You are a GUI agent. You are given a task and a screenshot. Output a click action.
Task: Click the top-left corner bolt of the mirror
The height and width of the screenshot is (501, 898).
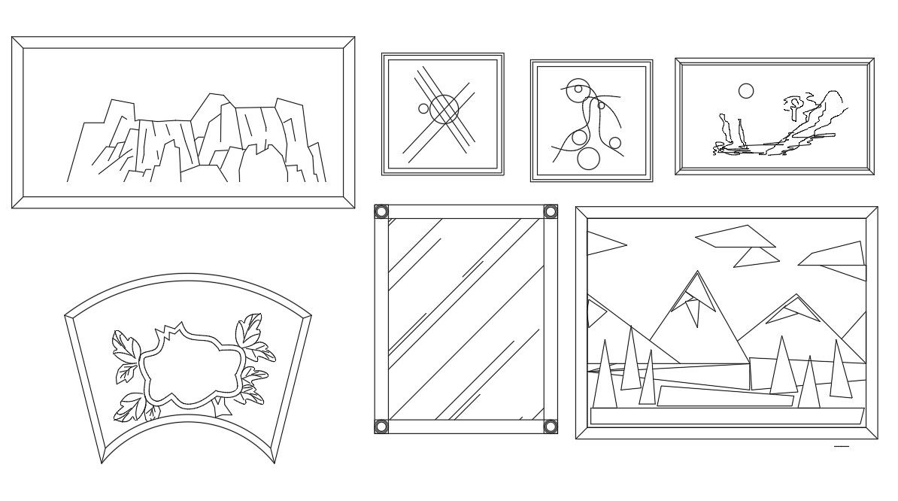[x=381, y=211]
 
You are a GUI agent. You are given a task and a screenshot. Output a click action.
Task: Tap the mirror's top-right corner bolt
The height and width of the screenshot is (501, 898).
[x=551, y=211]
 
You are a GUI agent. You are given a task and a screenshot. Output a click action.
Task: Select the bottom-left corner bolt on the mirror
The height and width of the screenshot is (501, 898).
[x=381, y=427]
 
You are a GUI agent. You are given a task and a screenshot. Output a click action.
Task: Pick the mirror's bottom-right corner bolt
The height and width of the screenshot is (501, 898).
[x=551, y=427]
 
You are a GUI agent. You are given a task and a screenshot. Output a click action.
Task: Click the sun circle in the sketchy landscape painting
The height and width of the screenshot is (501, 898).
[x=745, y=91]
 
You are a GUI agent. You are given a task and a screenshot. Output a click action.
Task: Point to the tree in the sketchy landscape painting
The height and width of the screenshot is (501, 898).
[x=794, y=105]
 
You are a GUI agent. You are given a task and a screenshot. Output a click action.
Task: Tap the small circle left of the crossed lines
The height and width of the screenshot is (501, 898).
[x=423, y=108]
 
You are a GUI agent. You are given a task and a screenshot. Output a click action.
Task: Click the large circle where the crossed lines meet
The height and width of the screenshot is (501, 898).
[x=444, y=108]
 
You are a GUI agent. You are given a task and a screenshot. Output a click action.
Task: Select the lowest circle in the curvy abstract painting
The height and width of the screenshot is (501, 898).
[x=588, y=158]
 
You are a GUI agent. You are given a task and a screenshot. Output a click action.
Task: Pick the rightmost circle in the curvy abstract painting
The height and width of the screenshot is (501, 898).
[x=615, y=143]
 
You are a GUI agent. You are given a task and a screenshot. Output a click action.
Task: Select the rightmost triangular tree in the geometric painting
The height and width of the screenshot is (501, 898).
[x=839, y=372]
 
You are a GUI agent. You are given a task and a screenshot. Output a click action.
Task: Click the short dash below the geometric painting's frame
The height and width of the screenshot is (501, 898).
[x=842, y=448]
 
